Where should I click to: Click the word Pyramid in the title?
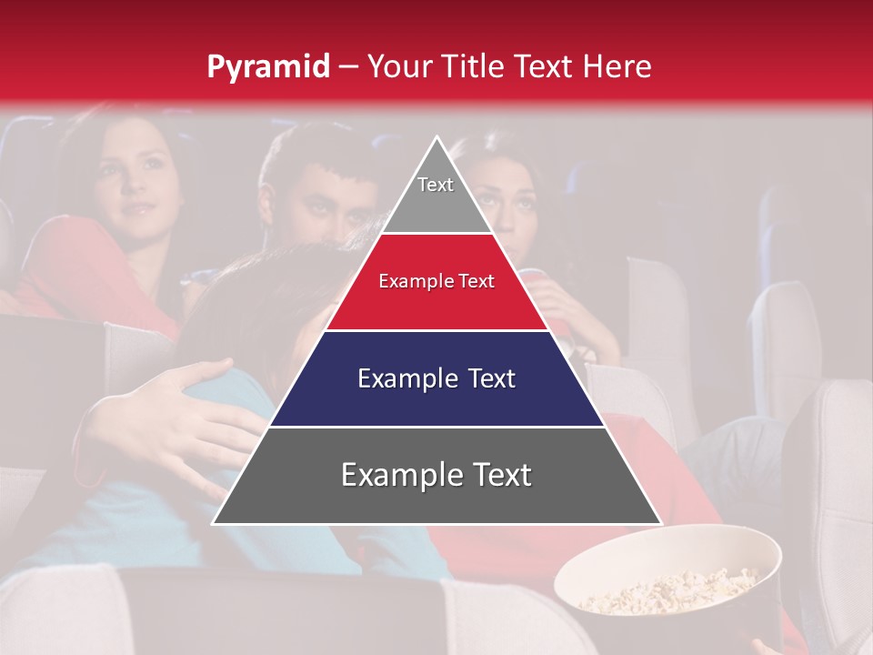268,67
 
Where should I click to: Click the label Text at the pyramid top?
436,185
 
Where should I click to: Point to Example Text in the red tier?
436,281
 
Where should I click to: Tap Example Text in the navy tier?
436,378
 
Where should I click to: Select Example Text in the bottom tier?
436,475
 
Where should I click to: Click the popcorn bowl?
668,582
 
